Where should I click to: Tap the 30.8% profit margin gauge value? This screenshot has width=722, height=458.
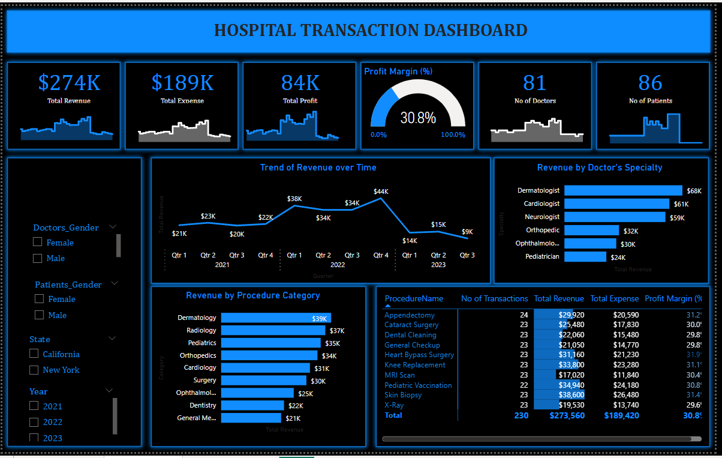pyautogui.click(x=418, y=118)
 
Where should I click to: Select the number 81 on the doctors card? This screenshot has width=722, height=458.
pyautogui.click(x=534, y=82)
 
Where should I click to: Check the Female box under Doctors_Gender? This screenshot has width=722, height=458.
pyautogui.click(x=38, y=242)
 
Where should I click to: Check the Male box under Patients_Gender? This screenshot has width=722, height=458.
pyautogui.click(x=40, y=315)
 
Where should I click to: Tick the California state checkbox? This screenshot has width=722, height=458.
pyautogui.click(x=34, y=354)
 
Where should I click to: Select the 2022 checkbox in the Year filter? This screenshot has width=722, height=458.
pyautogui.click(x=34, y=421)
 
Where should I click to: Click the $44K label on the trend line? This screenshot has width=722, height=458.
pyautogui.click(x=380, y=191)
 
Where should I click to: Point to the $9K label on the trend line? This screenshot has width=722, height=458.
pyautogui.click(x=467, y=232)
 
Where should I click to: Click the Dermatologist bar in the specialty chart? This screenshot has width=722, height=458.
pyautogui.click(x=623, y=190)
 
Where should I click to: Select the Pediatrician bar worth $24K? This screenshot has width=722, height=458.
pyautogui.click(x=585, y=256)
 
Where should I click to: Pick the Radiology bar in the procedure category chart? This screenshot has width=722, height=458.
pyautogui.click(x=273, y=330)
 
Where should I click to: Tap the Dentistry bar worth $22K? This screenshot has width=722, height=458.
pyautogui.click(x=252, y=405)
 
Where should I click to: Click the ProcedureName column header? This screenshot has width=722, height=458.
pyautogui.click(x=414, y=298)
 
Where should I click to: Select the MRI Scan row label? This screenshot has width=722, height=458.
pyautogui.click(x=399, y=375)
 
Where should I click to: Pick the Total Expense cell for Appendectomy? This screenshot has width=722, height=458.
pyautogui.click(x=625, y=315)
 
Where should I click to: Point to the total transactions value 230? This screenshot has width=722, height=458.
pyautogui.click(x=521, y=415)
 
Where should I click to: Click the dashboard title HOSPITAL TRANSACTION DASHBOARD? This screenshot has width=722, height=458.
pyautogui.click(x=371, y=30)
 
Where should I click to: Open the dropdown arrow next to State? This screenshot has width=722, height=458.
pyautogui.click(x=112, y=339)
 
